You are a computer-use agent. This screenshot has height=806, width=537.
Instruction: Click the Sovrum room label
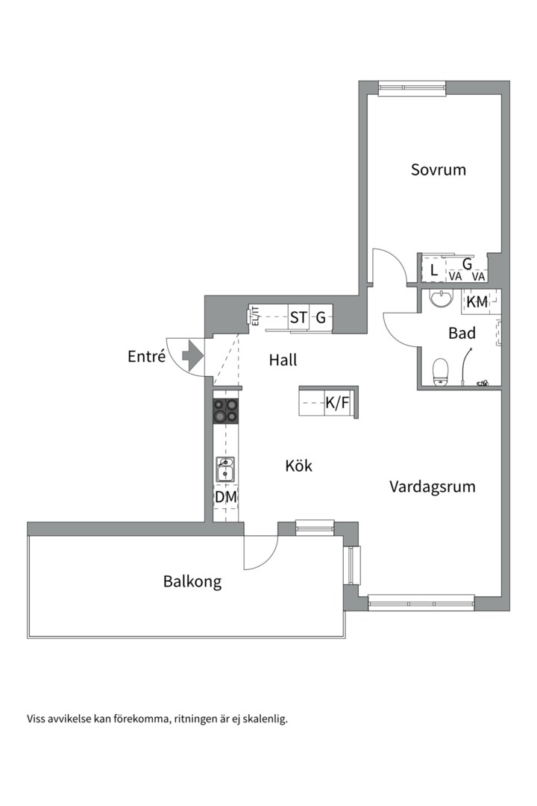pyautogui.click(x=439, y=169)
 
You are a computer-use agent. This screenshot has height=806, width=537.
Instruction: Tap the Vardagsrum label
pyautogui.click(x=432, y=487)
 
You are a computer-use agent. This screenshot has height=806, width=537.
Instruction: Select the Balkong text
pyautogui.click(x=192, y=582)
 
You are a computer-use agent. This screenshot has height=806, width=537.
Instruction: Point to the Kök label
pyautogui.click(x=298, y=466)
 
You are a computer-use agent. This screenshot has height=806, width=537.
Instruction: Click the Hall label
pyautogui.click(x=283, y=360)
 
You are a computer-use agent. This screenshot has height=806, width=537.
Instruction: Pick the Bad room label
pyautogui.click(x=462, y=333)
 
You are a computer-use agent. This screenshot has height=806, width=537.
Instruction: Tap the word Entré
pyautogui.click(x=146, y=356)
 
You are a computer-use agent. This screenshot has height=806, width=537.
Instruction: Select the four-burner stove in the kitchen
pyautogui.click(x=226, y=411)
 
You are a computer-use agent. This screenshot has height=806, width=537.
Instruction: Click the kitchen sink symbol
pyautogui.click(x=225, y=469)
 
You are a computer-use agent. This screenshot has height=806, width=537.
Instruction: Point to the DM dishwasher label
pyautogui.click(x=226, y=497)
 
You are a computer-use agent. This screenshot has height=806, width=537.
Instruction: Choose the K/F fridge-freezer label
pyautogui.click(x=337, y=403)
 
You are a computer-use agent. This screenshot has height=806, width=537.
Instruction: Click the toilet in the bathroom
pyautogui.click(x=440, y=372)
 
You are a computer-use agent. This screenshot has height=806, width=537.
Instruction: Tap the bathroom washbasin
pyautogui.click(x=441, y=298)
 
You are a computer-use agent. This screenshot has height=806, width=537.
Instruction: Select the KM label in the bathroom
pyautogui.click(x=477, y=302)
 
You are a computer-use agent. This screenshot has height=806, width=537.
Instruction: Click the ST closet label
pyautogui.click(x=298, y=318)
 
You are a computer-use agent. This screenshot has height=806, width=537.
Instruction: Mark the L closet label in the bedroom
pyautogui.click(x=434, y=270)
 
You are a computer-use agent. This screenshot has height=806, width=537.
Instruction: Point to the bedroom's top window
pyautogui.click(x=412, y=88)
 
